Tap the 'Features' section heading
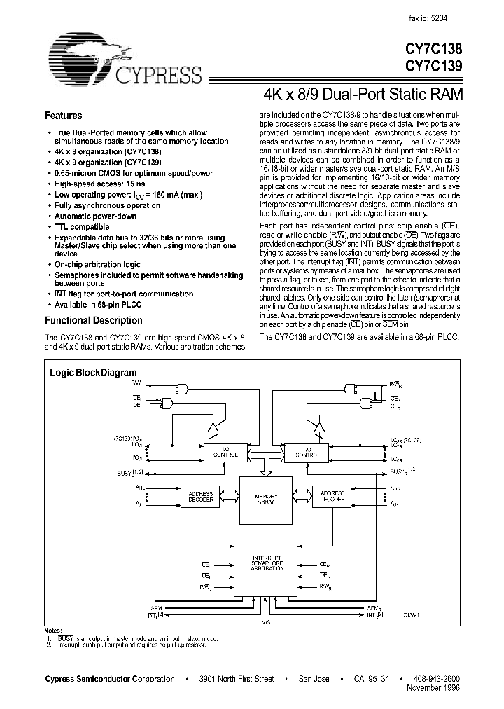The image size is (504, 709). point(64,116)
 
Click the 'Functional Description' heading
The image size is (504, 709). point(94,321)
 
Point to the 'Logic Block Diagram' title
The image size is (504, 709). point(93,373)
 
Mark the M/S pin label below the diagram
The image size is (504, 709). point(264,623)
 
